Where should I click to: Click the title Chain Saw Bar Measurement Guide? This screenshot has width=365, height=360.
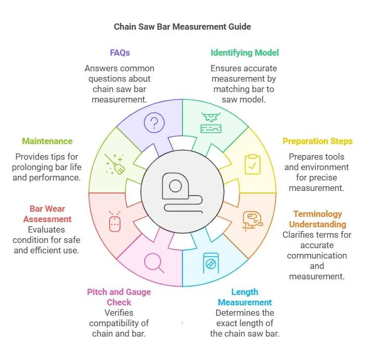pos(182,27)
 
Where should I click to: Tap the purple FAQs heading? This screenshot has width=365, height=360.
pos(120,53)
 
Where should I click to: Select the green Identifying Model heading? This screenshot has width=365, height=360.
pos(244,53)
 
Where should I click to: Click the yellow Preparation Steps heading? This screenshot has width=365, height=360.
pos(317,141)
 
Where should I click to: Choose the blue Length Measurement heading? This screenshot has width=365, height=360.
pos(244,297)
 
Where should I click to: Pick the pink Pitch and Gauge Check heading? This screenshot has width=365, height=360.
pos(119,297)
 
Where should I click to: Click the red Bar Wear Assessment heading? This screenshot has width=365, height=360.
pos(47,214)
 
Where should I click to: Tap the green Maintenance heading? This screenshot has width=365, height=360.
pos(47,141)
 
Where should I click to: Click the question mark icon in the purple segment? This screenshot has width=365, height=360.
pos(154,123)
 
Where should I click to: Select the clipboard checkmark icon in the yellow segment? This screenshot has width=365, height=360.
pos(253,164)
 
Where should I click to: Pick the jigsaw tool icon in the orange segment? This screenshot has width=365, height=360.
pos(253,221)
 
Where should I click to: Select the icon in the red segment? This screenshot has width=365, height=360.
pos(114,221)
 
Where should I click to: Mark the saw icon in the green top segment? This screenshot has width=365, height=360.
pos(211,123)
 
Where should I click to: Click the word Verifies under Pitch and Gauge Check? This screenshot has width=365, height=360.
pos(120,313)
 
